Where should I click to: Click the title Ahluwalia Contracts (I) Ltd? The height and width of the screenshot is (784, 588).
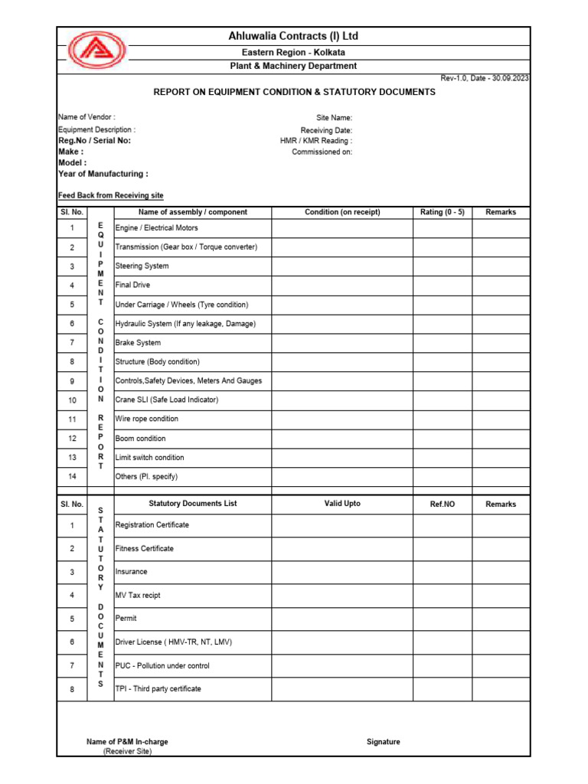pos(293,36)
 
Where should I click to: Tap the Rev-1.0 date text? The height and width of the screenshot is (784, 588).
pos(484,78)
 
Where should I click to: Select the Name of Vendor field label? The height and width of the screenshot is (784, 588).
pos(87,117)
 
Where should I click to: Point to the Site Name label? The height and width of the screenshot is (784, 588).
pos(334,118)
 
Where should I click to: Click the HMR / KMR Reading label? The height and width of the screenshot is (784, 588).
pos(316,141)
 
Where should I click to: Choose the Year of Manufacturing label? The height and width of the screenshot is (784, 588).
pos(103,174)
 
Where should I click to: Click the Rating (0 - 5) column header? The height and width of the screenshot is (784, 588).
pos(443,212)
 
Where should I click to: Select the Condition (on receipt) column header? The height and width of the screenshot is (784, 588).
pos(342,212)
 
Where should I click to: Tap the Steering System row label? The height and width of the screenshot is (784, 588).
pos(142,266)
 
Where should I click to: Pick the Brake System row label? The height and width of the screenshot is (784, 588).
pos(138,343)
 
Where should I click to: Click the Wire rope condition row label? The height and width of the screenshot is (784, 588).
pos(146,419)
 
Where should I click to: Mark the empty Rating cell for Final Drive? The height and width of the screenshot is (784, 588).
pos(443,286)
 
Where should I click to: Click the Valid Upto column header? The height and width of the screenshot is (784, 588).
pos(342,504)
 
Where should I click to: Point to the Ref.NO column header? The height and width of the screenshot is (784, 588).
pos(443,505)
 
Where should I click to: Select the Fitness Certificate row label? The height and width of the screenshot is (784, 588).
pos(144,549)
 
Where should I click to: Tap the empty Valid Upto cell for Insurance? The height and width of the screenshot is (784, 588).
pos(342,572)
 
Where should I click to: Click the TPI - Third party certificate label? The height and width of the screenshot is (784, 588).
pos(158,689)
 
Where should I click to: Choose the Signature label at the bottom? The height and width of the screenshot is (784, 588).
pos(383,742)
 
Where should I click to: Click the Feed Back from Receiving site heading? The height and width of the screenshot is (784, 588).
pos(111,196)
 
